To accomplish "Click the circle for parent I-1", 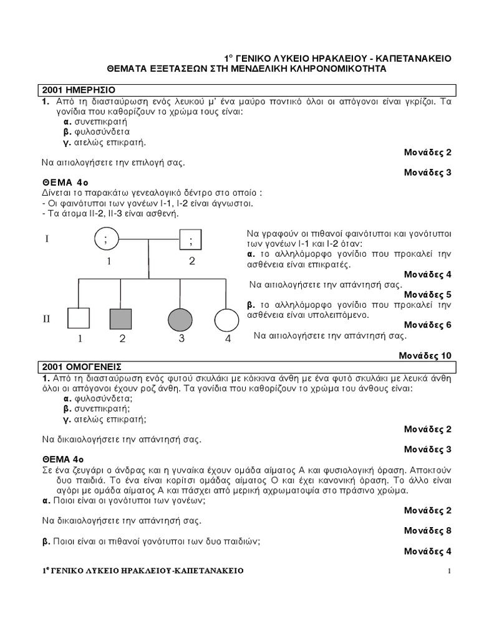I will pos(107,239).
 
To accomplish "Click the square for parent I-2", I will pos(190,239).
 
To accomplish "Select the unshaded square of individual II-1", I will pos(79,318).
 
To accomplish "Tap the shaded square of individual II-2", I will pos(121,318).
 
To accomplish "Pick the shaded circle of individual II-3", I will pos(180,319).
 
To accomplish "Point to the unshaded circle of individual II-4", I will pos(226,320).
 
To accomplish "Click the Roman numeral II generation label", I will pos(46,319).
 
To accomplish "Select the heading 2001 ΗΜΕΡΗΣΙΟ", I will pos(78,90).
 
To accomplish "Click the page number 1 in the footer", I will pos(448,571).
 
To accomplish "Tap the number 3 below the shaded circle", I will pos(181,339).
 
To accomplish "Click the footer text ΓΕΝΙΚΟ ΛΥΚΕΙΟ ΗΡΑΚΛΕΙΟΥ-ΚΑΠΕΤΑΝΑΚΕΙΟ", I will pos(143,571).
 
